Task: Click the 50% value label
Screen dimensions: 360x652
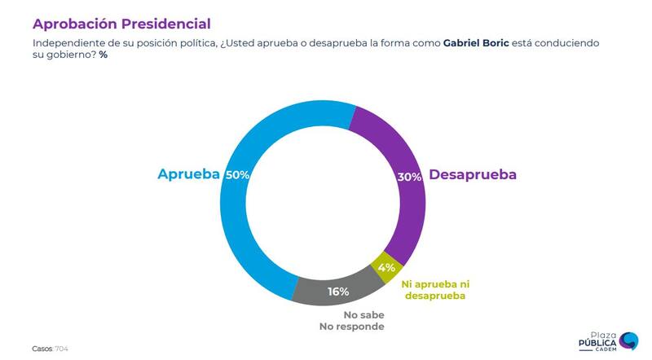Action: coord(238,175)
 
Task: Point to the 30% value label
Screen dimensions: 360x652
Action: coord(410,176)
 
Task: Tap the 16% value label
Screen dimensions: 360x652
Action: coord(338,291)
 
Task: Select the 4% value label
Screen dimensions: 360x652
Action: coord(386,266)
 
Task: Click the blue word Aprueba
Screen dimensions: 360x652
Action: coord(189,175)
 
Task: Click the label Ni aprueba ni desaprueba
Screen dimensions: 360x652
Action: coord(435,290)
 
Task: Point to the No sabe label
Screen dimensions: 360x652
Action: coord(363,314)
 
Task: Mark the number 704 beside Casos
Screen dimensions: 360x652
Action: coord(61,348)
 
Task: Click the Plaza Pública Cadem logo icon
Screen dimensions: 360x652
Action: coord(628,340)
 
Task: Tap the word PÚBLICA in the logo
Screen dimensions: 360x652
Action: coord(597,343)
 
